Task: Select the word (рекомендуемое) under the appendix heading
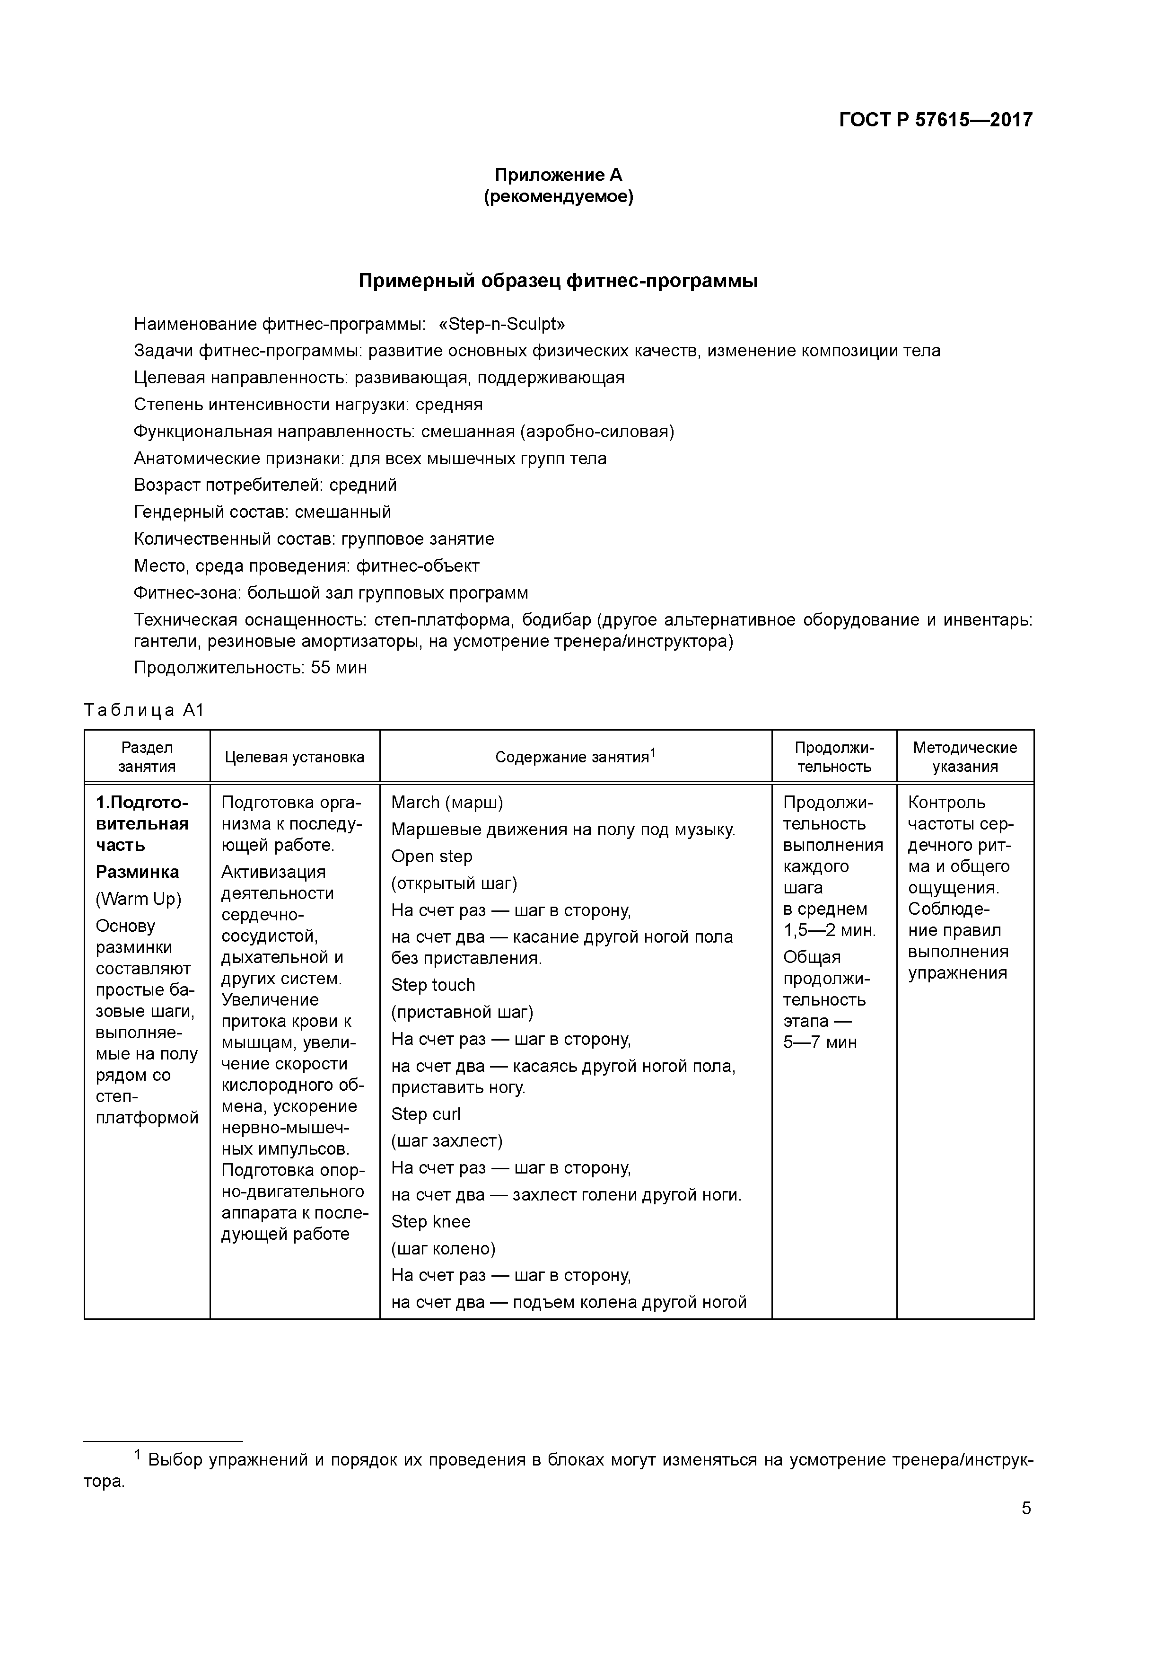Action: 558,197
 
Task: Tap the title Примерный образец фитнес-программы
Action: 558,281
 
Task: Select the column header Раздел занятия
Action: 147,757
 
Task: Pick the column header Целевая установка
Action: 294,757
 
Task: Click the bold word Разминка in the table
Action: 137,872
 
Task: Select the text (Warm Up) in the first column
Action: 139,899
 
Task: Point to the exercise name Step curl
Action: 426,1114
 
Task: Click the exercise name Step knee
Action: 431,1221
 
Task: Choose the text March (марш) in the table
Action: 446,803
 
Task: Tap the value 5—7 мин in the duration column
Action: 820,1042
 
